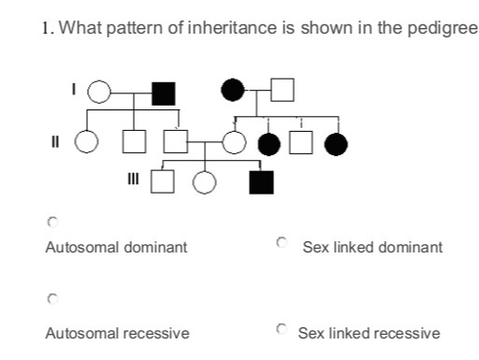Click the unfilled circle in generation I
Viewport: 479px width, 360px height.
click(x=100, y=92)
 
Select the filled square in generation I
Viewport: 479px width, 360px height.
click(x=164, y=92)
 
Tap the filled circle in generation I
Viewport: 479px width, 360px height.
click(x=233, y=90)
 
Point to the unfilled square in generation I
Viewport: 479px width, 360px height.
click(x=284, y=90)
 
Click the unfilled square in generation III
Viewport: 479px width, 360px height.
click(x=164, y=180)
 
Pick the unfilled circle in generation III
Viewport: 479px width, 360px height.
click(x=205, y=180)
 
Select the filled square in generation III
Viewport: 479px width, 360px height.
click(x=261, y=180)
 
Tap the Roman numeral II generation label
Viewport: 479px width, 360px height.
click(x=60, y=142)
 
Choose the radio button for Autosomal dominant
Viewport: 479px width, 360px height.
click(x=52, y=223)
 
